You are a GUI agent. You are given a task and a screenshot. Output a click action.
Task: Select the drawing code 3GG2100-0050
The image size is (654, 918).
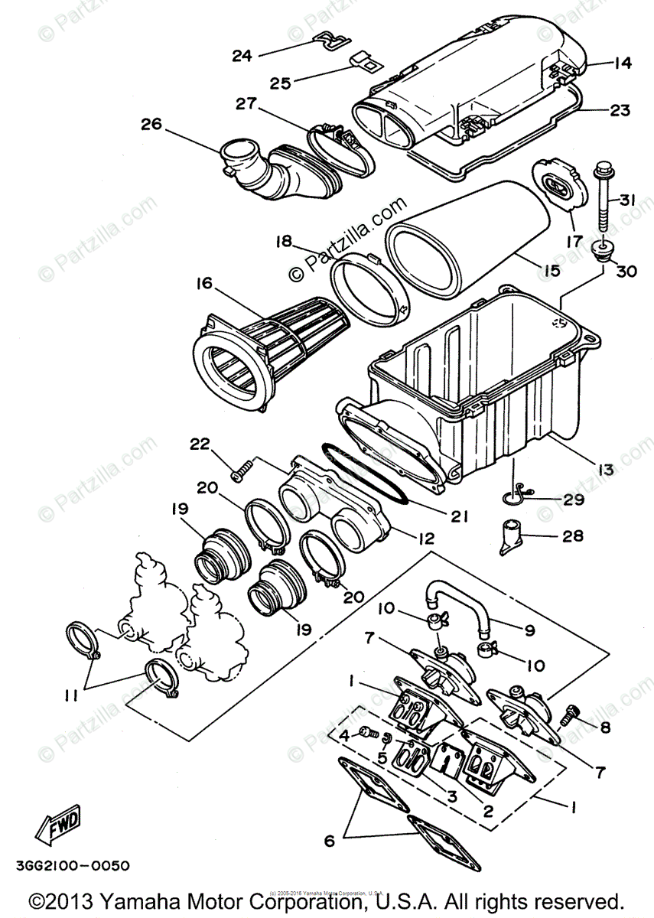[x=72, y=866]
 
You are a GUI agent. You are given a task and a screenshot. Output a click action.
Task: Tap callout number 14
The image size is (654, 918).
[x=623, y=63]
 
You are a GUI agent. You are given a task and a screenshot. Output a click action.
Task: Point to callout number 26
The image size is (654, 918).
[x=151, y=123]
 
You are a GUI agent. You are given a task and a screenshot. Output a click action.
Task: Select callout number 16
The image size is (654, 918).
[x=204, y=284]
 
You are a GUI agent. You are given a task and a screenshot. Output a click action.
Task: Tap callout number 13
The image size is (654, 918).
[x=605, y=470]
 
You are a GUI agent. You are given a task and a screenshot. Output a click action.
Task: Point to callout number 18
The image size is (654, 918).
[x=284, y=243]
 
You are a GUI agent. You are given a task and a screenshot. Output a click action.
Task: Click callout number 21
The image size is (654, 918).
[x=458, y=517]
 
